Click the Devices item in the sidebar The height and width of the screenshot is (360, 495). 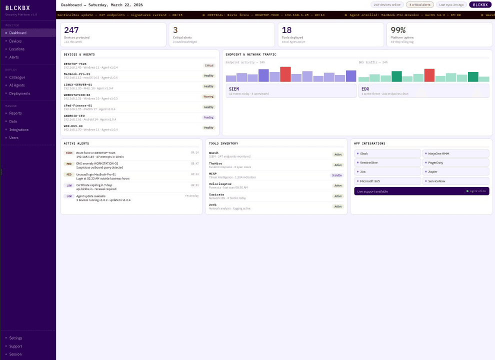15,41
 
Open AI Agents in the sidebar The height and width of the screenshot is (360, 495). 17,85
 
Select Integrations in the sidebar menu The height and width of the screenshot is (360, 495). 19,129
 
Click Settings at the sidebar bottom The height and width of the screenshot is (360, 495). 16,338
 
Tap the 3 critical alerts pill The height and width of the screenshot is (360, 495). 419,4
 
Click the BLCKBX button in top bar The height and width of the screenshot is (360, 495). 480,4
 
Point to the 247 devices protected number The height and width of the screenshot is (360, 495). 71,30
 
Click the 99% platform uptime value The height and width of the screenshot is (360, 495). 398,30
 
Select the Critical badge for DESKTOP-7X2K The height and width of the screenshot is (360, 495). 209,65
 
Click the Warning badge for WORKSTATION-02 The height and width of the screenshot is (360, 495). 208,96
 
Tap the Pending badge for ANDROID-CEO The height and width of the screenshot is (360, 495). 208,117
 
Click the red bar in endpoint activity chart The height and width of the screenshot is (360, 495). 285,74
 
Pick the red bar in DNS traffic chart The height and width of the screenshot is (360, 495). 429,75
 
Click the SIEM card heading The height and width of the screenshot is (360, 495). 234,89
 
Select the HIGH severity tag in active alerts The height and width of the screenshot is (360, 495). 69,153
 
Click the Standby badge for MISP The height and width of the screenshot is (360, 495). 337,175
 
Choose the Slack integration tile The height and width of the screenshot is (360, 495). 364,153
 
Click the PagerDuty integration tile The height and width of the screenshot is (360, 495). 435,162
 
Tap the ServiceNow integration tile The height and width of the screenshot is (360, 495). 436,181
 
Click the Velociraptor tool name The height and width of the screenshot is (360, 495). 220,184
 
